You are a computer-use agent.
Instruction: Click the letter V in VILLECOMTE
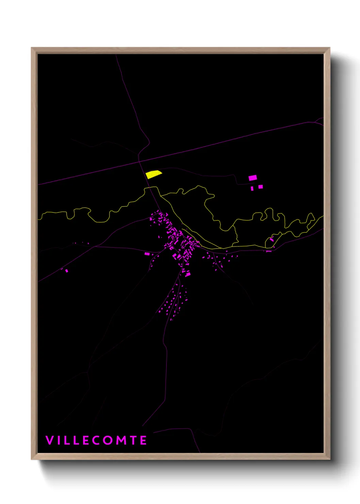click(49, 440)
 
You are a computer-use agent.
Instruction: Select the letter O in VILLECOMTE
click(108, 440)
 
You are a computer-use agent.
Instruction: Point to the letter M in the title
click(121, 440)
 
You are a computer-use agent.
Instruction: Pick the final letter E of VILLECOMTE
click(144, 440)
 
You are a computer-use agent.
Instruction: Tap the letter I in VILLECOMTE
click(59, 440)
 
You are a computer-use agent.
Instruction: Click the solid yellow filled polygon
click(153, 174)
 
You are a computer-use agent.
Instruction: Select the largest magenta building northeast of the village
click(252, 178)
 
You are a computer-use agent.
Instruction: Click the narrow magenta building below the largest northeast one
click(252, 188)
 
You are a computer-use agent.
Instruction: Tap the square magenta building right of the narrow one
click(261, 187)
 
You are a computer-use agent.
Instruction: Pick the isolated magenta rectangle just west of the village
click(147, 254)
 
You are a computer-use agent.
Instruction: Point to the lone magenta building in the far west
click(67, 271)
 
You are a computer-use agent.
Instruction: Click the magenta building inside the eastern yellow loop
click(272, 240)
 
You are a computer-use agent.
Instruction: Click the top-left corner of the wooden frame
click(32, 48)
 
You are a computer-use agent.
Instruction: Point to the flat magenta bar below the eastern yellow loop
click(269, 251)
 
